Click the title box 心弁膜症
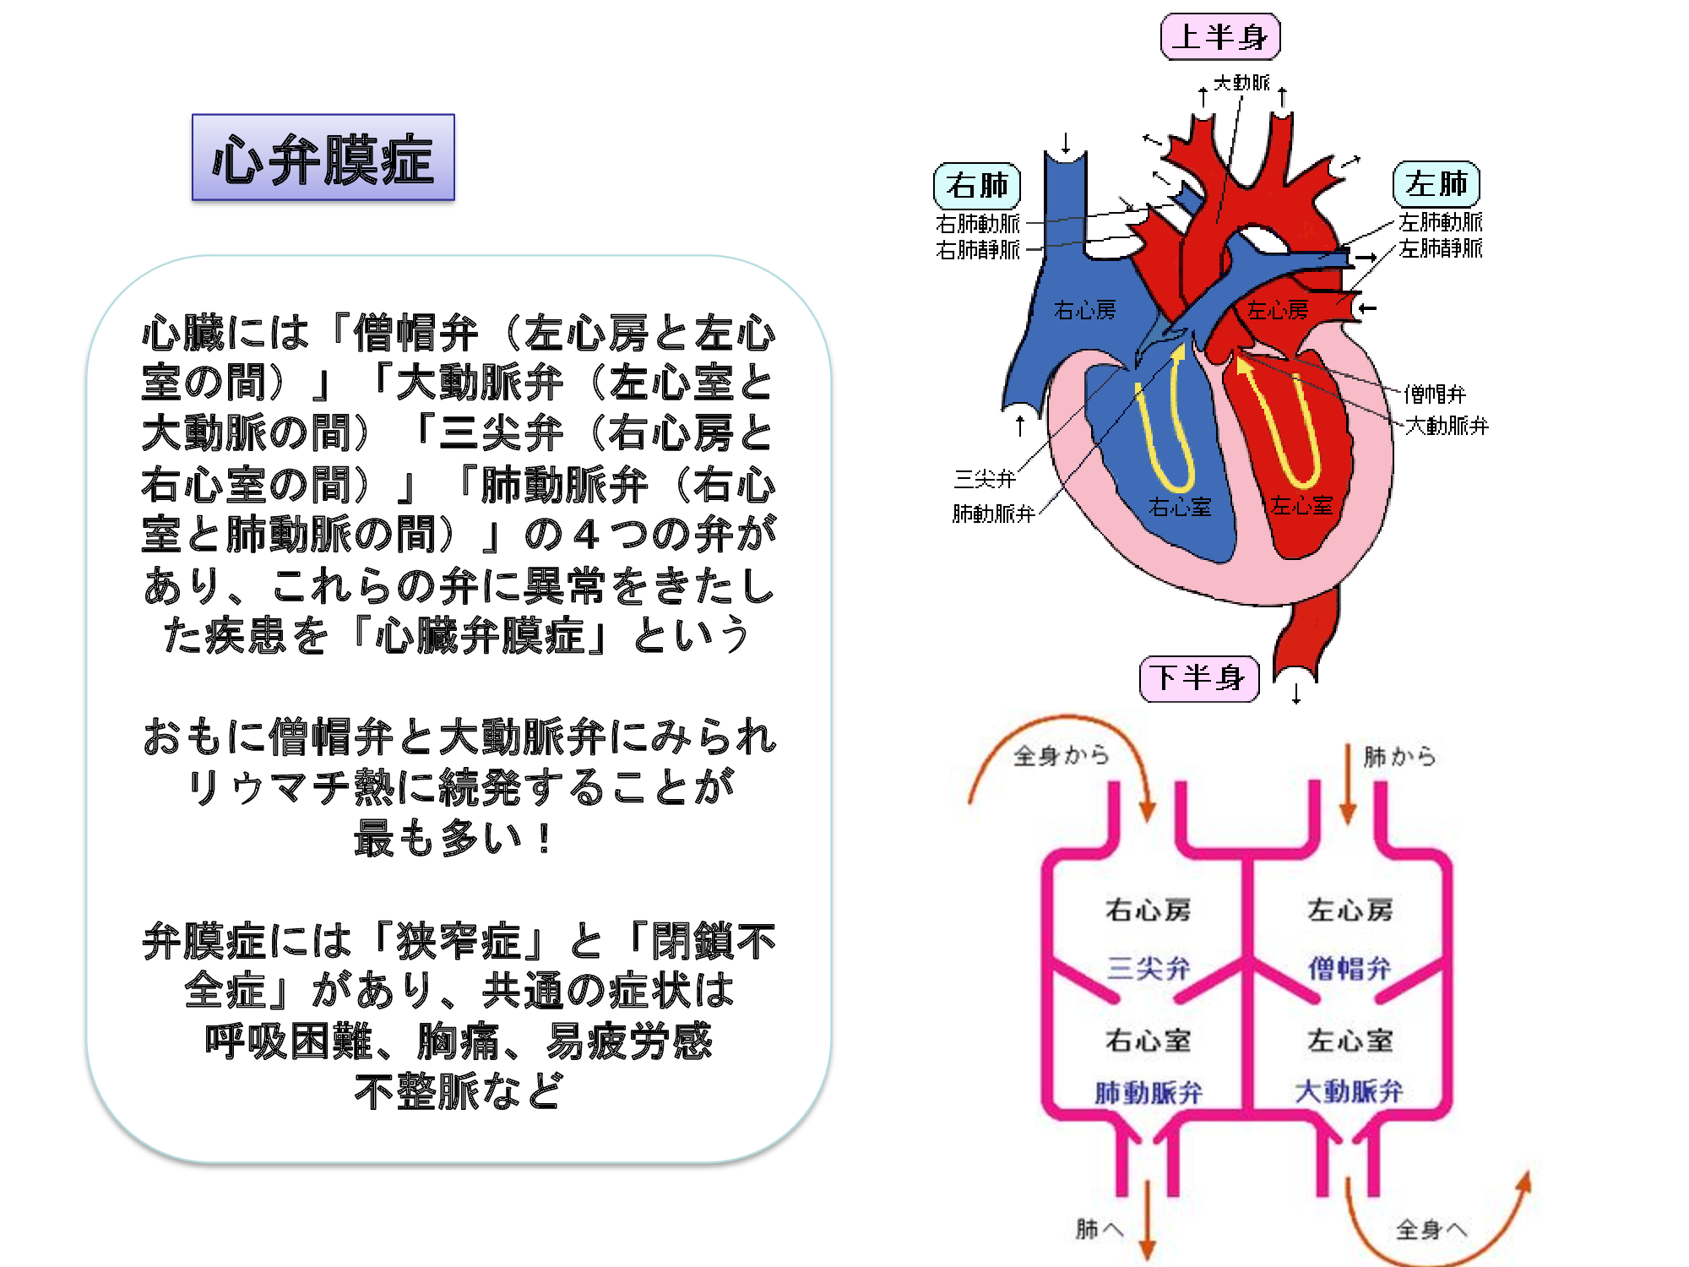[x=323, y=158]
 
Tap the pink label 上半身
[x=1220, y=37]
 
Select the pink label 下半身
[x=1199, y=678]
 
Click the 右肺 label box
[x=977, y=186]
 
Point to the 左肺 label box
[x=1436, y=184]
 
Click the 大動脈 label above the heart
[x=1241, y=83]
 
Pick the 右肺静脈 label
[x=978, y=250]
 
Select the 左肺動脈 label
[x=1441, y=222]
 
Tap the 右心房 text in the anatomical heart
[x=1085, y=311]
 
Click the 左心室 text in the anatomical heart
[x=1301, y=506]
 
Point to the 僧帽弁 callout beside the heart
[x=1435, y=394]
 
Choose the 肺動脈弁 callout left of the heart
[x=994, y=514]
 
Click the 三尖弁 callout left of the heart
[x=985, y=480]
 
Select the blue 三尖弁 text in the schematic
[x=1149, y=968]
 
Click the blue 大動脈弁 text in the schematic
[x=1349, y=1091]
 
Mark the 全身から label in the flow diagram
[x=1061, y=755]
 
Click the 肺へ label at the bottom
[x=1100, y=1229]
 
